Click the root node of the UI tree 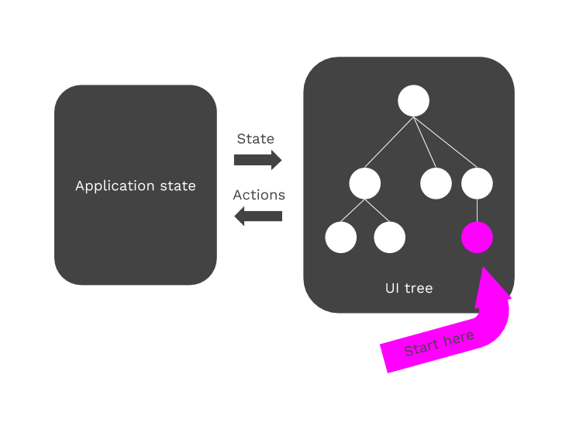pyautogui.click(x=413, y=101)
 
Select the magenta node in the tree pyautogui.click(x=477, y=238)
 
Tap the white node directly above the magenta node pyautogui.click(x=477, y=183)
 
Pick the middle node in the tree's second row pyautogui.click(x=436, y=183)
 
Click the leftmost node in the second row pyautogui.click(x=364, y=183)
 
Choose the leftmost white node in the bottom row pyautogui.click(x=340, y=238)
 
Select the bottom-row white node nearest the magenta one pyautogui.click(x=389, y=238)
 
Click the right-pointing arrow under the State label pyautogui.click(x=258, y=160)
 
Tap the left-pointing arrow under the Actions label pyautogui.click(x=258, y=217)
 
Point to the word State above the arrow pyautogui.click(x=255, y=139)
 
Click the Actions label pyautogui.click(x=259, y=195)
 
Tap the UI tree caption pyautogui.click(x=409, y=289)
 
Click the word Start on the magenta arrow pyautogui.click(x=422, y=347)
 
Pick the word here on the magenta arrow pyautogui.click(x=458, y=338)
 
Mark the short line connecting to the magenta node pyautogui.click(x=477, y=210)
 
